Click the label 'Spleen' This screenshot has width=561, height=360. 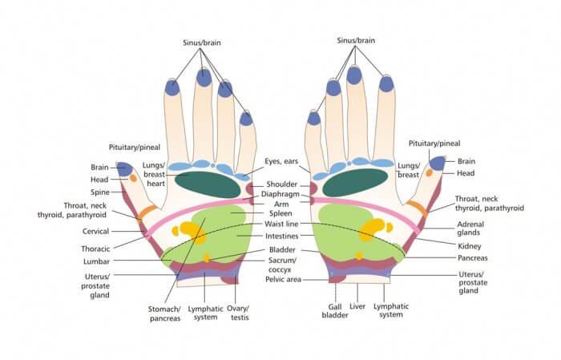tap(280, 214)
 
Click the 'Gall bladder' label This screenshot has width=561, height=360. tap(335, 311)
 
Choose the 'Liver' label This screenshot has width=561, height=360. tap(358, 306)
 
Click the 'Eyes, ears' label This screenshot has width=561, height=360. tap(281, 161)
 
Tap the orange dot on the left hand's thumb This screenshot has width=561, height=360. tap(134, 178)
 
